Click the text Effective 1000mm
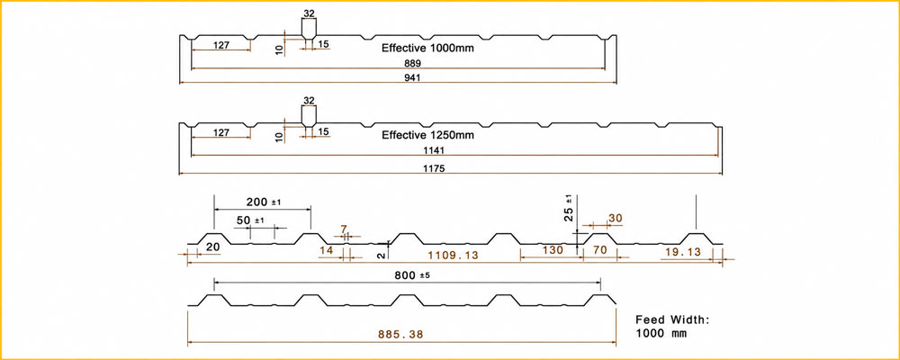427,49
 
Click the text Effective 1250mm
427,136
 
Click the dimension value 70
598,250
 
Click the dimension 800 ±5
411,275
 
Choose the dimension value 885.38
400,334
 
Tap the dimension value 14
326,250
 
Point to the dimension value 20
213,247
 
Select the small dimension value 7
344,229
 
